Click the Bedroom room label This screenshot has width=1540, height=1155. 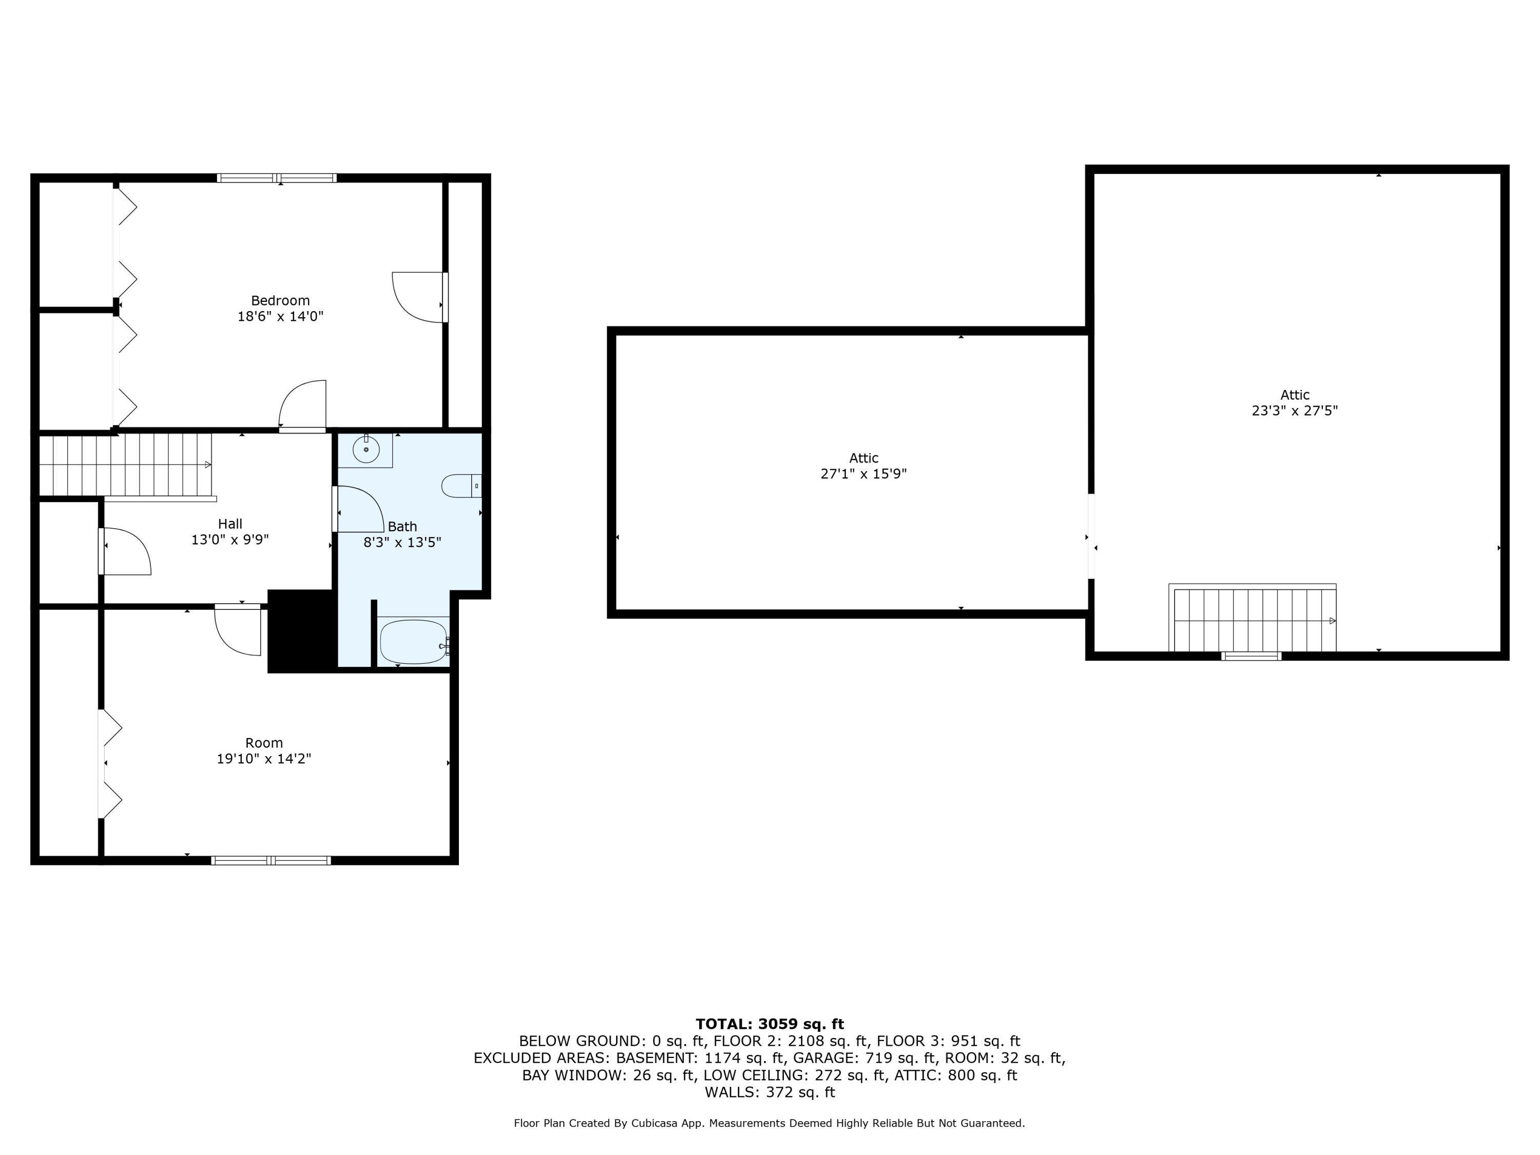(280, 301)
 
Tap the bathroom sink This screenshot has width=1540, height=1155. (365, 450)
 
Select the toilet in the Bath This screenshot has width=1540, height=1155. (461, 485)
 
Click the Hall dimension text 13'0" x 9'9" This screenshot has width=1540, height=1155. (230, 540)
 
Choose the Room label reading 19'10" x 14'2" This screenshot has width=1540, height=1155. (264, 759)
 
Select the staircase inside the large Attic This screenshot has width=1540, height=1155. (1253, 618)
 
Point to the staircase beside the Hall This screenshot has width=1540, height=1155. (125, 465)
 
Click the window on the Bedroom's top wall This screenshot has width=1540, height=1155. (277, 178)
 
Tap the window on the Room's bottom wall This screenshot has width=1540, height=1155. (271, 860)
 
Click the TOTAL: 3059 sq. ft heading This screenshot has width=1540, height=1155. (769, 1024)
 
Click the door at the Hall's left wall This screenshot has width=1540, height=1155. (125, 551)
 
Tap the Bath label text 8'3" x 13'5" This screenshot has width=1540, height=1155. (402, 543)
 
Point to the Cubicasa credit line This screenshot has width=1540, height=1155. (769, 1123)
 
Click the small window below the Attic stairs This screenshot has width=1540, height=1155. (1251, 656)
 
